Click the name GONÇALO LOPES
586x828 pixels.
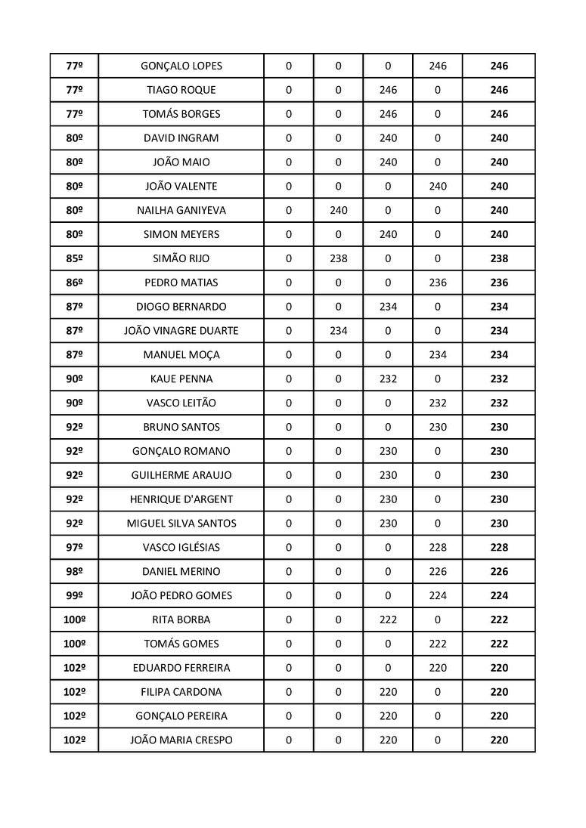pos(181,66)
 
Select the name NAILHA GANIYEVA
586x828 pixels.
pos(181,210)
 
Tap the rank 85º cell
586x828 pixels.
pos(74,258)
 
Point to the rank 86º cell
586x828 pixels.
pos(74,283)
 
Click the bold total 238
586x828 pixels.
pos(499,258)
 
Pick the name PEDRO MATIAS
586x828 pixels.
pos(181,283)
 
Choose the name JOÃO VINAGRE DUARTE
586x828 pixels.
pos(181,331)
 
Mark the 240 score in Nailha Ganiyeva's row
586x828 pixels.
pos(338,210)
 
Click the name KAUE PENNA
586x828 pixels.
pos(181,378)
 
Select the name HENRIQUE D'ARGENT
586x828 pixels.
pos(181,499)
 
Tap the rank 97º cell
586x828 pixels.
pos(74,548)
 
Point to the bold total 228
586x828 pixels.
pos(499,548)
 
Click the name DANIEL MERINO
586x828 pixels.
pos(181,572)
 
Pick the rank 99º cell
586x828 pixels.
pos(74,595)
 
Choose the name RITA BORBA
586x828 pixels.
pos(181,619)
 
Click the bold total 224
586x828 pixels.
pos(499,595)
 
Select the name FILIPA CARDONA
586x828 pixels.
pos(181,692)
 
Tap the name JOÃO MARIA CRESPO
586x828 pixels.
pos(181,740)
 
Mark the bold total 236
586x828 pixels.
pos(499,283)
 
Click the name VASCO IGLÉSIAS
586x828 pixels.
pos(181,548)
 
